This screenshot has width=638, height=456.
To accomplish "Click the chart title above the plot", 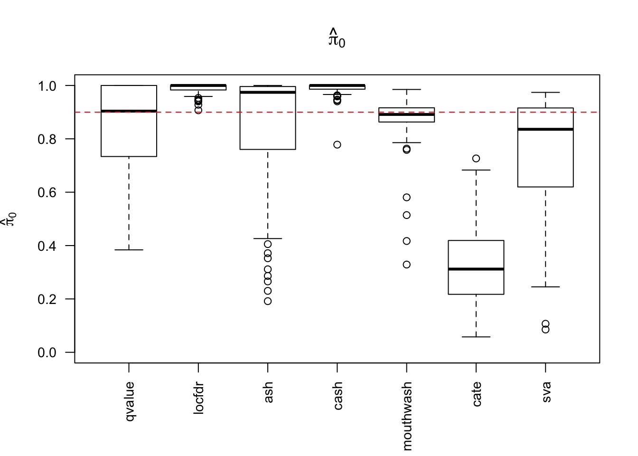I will coord(337,38).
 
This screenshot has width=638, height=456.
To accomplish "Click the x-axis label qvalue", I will coord(130,401).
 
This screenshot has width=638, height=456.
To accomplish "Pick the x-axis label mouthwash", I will coord(407,416).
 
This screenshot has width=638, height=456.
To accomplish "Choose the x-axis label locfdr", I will coord(199,398).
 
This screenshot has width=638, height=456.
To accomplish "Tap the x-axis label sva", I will coord(546,392).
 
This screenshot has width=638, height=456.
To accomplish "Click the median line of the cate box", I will coord(476,269).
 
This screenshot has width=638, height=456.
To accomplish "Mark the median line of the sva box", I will coord(545,129).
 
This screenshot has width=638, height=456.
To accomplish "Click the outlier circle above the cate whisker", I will coord(476,159).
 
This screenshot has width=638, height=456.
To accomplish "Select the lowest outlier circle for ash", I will coord(268,301).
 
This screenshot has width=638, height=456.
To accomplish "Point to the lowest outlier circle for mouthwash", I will coord(407,265).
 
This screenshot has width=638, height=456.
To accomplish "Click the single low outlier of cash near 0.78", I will coord(337,145).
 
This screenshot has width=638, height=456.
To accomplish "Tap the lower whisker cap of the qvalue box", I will coord(129,250).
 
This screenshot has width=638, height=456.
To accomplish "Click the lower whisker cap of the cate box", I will coord(476,337).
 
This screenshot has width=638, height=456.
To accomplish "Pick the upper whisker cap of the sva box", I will coord(545,93).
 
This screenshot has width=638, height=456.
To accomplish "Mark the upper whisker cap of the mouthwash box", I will coord(407,89).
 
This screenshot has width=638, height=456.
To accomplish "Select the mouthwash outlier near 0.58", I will coord(407,198).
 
